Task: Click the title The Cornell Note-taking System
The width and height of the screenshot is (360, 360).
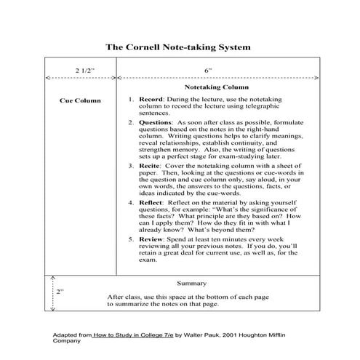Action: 179,46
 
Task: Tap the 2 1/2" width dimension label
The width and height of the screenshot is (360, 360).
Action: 84,70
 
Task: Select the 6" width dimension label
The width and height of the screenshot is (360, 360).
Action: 207,70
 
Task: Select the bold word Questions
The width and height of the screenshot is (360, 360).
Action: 157,123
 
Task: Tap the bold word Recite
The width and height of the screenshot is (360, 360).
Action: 151,167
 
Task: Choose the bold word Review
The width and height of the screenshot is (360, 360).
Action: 152,238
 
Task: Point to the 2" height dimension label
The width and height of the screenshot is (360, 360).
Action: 60,290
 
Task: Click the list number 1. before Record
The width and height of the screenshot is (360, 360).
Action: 132,99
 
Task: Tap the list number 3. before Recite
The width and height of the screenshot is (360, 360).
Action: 132,167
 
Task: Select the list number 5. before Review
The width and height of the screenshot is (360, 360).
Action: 132,238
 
